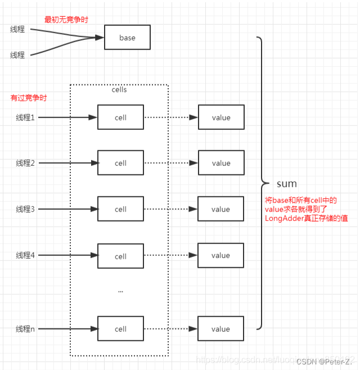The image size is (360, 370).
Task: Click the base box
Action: [x=127, y=38]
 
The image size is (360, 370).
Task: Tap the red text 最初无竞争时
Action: [x=66, y=20]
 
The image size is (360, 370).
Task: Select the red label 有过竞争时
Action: [x=29, y=98]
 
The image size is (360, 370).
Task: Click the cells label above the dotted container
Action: [x=119, y=89]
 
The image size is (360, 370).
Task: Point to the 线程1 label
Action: [x=25, y=118]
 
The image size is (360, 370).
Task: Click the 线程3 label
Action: [x=25, y=209]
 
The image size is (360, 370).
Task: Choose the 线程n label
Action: [x=25, y=329]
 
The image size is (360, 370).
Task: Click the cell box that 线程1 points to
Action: [x=120, y=118]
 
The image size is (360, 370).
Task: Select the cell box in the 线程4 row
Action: [x=120, y=256]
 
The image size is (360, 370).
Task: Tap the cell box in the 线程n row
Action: [x=120, y=329]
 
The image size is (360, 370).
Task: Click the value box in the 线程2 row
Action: [x=221, y=163]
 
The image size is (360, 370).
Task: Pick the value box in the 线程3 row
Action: [x=221, y=209]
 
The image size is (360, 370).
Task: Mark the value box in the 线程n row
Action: [x=221, y=329]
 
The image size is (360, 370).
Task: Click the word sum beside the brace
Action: [x=286, y=184]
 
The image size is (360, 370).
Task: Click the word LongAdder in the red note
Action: [x=285, y=218]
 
